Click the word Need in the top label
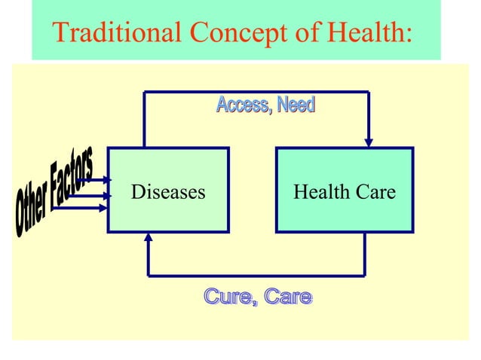(x=295, y=105)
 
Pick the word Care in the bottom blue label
(x=287, y=297)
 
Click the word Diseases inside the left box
(x=168, y=192)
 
